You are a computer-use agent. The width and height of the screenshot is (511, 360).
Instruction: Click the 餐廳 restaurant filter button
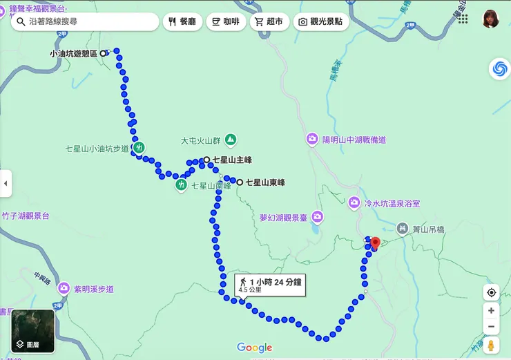click(x=182, y=21)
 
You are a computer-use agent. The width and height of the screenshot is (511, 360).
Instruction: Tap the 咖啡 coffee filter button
click(x=226, y=21)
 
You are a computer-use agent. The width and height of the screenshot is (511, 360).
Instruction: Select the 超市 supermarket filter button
click(x=269, y=21)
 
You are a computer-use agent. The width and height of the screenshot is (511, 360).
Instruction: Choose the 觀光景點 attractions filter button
click(x=321, y=21)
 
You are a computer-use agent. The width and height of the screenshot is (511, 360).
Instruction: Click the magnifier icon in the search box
click(x=20, y=21)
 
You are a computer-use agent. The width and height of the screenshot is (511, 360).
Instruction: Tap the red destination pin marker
click(x=375, y=243)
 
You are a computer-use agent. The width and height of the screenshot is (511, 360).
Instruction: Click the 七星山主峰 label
click(x=231, y=160)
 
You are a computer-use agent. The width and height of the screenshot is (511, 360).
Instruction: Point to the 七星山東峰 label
click(x=264, y=183)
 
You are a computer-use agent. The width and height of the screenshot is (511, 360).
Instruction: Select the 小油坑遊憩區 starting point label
click(x=73, y=53)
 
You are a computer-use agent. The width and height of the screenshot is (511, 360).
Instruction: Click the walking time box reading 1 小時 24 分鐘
click(x=270, y=284)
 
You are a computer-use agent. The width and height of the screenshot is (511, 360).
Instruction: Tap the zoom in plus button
click(x=491, y=311)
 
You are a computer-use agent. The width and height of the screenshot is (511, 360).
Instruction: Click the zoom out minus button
click(x=491, y=327)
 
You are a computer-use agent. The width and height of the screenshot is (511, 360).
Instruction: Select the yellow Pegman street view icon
click(x=491, y=345)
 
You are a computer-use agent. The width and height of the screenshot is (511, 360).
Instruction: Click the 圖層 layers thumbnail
click(x=32, y=331)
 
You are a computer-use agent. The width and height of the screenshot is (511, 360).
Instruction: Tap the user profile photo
click(x=490, y=19)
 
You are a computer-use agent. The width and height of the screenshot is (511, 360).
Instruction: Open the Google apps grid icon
click(x=462, y=19)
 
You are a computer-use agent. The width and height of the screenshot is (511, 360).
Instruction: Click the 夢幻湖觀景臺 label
click(x=283, y=217)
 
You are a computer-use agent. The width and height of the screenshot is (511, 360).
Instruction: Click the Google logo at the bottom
click(x=255, y=348)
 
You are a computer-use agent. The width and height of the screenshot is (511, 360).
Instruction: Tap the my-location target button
click(x=491, y=292)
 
